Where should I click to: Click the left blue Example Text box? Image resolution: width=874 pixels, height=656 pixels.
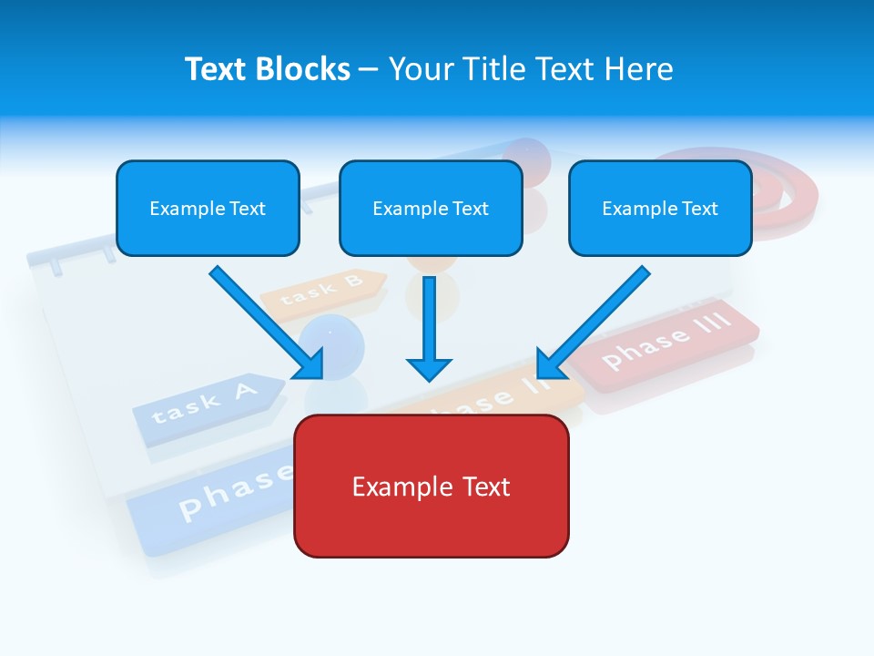click(208, 208)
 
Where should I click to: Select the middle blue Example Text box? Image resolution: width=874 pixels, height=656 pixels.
click(431, 208)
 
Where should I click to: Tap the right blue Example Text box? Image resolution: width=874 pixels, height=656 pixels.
click(660, 208)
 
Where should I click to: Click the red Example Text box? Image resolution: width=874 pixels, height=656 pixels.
click(431, 486)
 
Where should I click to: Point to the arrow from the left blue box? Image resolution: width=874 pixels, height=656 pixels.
click(264, 320)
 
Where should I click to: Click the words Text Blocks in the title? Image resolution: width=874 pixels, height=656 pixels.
click(268, 69)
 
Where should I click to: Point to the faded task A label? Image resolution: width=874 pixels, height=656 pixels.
click(206, 402)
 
